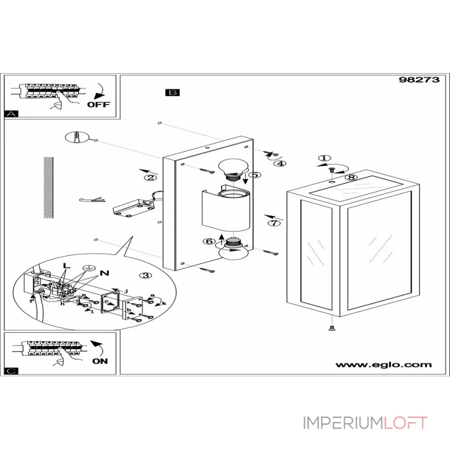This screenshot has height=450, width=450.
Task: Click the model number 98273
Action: [415, 80]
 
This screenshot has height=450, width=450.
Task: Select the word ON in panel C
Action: [100, 361]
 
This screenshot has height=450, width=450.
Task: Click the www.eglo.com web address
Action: [384, 364]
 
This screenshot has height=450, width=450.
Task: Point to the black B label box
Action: [172, 93]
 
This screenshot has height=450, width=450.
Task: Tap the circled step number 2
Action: [150, 178]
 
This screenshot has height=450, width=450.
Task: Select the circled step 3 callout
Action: [146, 276]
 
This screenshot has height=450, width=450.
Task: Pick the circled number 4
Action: [280, 164]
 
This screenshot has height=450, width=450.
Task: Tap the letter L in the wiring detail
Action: [66, 265]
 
